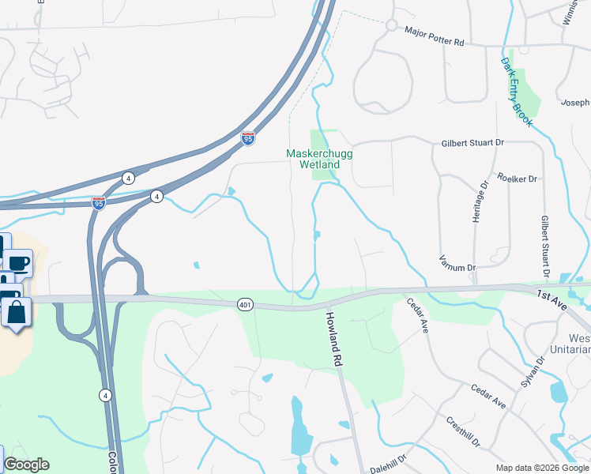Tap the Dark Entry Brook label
[517, 92]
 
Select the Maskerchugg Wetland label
[313, 159]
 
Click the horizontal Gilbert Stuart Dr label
[471, 143]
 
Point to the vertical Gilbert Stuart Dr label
[545, 246]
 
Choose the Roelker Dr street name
[517, 179]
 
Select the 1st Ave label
[552, 295]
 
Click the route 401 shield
[243, 303]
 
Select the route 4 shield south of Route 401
[105, 394]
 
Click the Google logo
[26, 465]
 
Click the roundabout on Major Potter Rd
[391, 25]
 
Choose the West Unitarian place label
[574, 342]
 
